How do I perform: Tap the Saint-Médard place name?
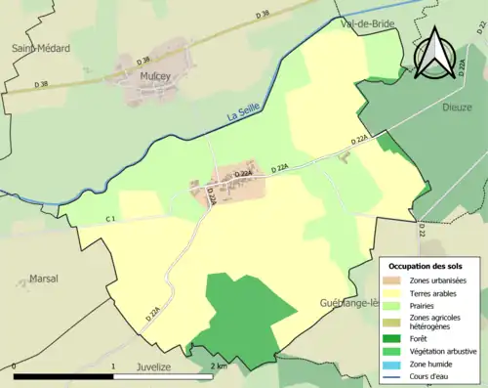tap(36, 47)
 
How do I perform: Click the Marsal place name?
tap(44, 277)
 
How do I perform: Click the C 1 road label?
tap(111, 219)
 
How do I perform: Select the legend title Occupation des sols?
tap(427, 266)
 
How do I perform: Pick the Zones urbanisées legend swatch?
tap(399, 280)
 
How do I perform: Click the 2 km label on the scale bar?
tap(220, 366)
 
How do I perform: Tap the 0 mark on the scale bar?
tap(14, 366)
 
